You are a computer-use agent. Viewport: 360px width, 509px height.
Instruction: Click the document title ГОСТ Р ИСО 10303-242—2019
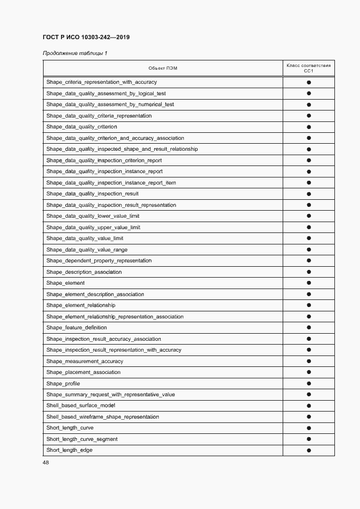86,38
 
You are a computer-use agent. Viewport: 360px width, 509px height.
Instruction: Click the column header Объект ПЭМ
163,68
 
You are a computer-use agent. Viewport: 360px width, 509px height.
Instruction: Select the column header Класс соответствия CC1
308,68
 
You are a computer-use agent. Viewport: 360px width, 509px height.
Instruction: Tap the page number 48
46,463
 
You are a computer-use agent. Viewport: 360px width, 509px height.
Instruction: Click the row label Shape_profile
63,384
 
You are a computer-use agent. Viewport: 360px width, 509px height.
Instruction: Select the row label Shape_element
65,283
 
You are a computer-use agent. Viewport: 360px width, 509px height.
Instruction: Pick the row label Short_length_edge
69,450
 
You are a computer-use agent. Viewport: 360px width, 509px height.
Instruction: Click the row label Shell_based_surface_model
81,406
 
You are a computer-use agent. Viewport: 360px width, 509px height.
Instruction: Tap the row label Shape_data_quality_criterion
82,127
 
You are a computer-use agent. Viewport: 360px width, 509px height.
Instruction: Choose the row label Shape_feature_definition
77,328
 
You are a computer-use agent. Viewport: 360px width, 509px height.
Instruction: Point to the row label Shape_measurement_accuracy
85,361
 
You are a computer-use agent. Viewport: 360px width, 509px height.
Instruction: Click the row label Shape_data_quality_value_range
87,250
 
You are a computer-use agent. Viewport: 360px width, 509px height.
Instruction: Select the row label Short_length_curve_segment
82,439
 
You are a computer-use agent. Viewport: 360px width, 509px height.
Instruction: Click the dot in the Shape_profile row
308,384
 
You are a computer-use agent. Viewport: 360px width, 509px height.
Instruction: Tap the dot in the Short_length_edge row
308,450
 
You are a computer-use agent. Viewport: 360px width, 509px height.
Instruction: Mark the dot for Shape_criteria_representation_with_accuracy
308,82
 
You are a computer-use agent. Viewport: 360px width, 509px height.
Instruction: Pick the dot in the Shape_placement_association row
308,372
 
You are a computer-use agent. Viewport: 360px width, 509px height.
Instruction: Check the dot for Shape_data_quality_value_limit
308,238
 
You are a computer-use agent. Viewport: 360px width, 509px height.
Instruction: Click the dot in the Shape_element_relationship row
308,305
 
